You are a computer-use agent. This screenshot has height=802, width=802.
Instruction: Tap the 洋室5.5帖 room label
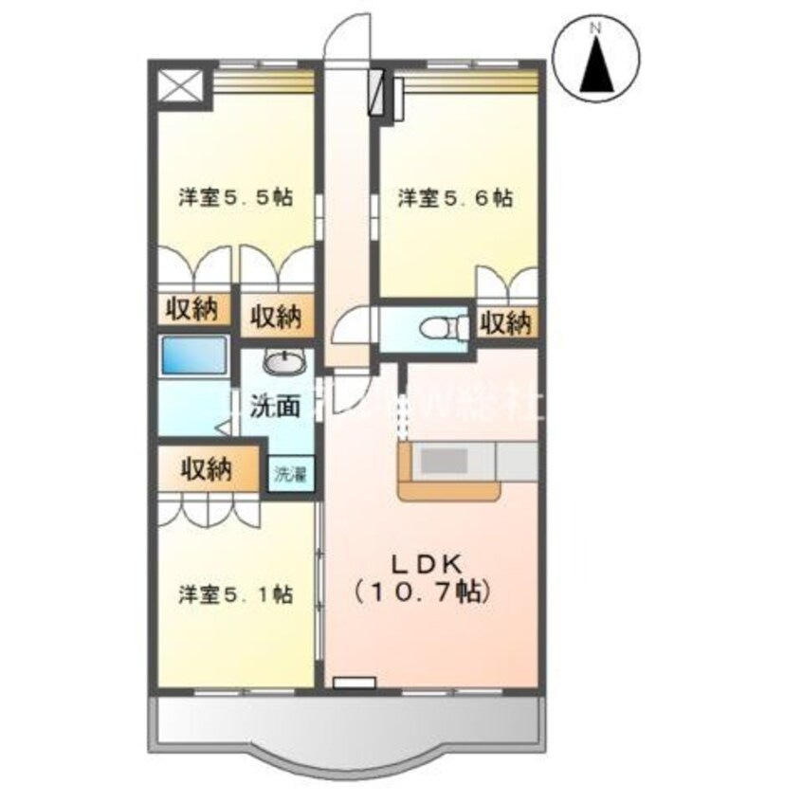pos(234,198)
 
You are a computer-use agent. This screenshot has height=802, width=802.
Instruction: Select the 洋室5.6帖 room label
pos(456,198)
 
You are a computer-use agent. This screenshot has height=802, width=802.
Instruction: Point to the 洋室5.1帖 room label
pos(234,595)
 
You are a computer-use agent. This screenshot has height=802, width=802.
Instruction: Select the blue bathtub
pos(194,355)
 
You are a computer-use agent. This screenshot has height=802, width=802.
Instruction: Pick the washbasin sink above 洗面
pos(282,362)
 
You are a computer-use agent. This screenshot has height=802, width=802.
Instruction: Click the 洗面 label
pos(275,407)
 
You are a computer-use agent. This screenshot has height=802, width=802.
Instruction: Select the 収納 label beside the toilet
pos(504,323)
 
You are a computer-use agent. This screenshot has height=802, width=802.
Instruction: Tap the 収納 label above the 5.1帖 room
pos(207,469)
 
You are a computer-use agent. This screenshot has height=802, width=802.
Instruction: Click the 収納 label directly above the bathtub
pos(194,308)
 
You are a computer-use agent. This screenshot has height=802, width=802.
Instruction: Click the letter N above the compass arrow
pos(596,29)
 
